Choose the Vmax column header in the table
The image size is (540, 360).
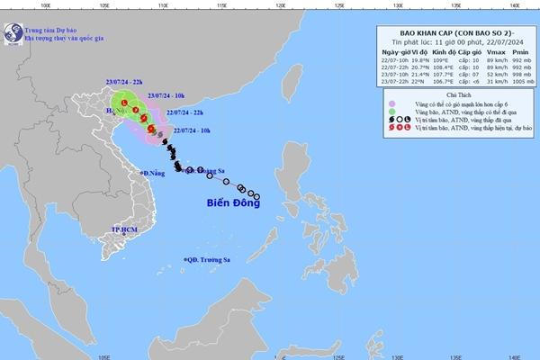491,53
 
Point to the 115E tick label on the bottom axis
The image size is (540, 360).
222,355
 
